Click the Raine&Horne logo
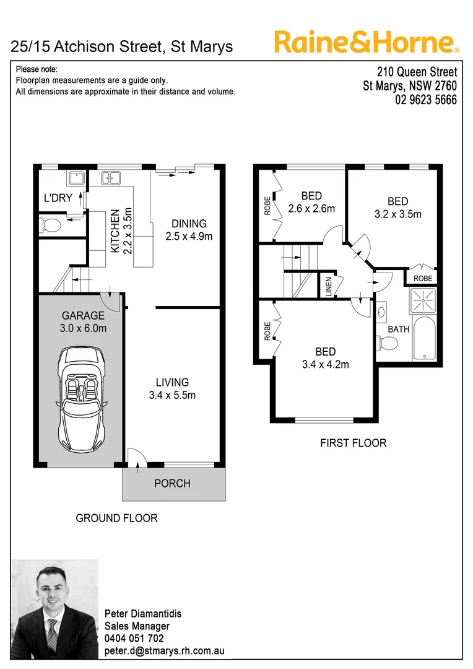[366, 42]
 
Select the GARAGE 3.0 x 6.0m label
[83, 322]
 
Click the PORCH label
[172, 483]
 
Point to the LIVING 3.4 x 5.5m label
[172, 389]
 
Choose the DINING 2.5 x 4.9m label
[189, 230]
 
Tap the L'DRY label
[58, 199]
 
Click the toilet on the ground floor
[50, 224]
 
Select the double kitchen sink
[111, 178]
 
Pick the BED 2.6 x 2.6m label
[311, 203]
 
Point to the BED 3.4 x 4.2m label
[325, 358]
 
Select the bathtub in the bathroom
[425, 339]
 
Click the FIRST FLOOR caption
[353, 443]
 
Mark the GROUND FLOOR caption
[116, 518]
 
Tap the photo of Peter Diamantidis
[54, 610]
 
